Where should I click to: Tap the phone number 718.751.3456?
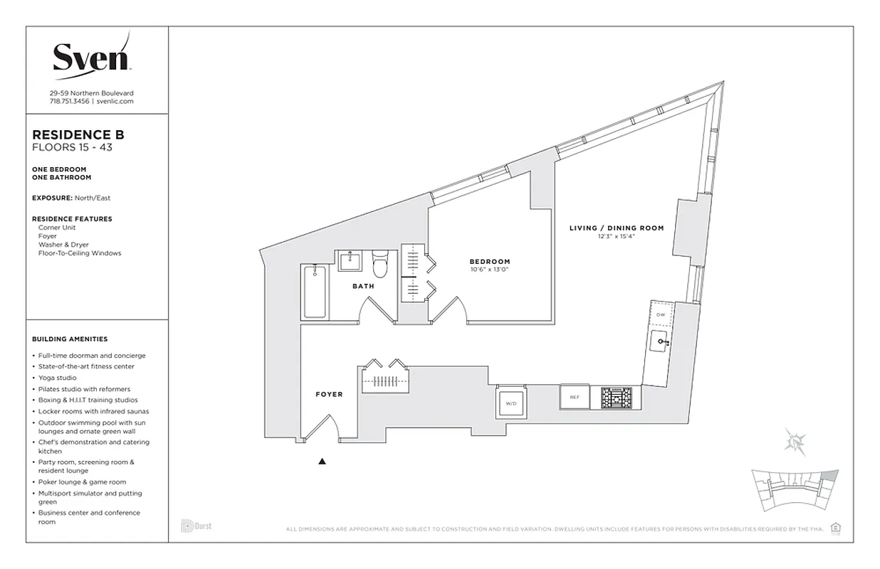tap(70, 102)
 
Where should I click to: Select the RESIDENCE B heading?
tap(78, 135)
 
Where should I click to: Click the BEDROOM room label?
tap(489, 262)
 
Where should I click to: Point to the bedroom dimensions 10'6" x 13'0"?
tap(489, 270)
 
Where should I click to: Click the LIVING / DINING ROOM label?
tap(616, 228)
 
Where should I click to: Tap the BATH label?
tap(363, 287)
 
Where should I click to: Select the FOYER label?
tap(329, 394)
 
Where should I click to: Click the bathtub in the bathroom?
tap(316, 292)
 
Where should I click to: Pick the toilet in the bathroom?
tap(380, 267)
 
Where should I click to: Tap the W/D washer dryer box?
tap(511, 403)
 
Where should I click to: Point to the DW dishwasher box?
tap(660, 314)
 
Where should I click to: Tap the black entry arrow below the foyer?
tap(322, 462)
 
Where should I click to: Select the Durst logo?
tap(197, 526)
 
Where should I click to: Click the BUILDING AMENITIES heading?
tap(70, 339)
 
